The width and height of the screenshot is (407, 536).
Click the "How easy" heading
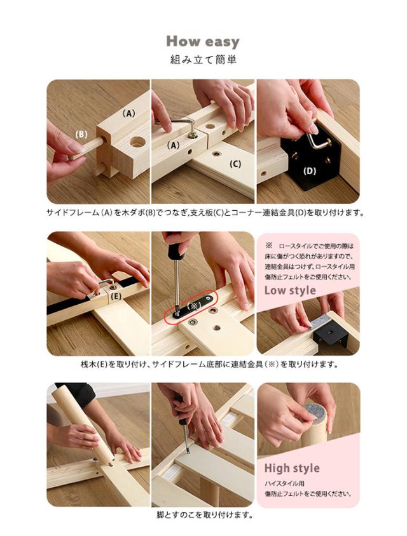click(x=203, y=41)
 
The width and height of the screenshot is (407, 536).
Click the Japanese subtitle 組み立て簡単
click(x=203, y=60)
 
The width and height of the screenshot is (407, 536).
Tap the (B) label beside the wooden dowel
click(x=81, y=135)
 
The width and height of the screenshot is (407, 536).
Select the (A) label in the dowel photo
click(x=128, y=114)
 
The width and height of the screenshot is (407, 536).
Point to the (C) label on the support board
click(x=235, y=164)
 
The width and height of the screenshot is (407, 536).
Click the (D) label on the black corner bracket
click(x=310, y=171)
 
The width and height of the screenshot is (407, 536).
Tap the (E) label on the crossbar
click(x=116, y=297)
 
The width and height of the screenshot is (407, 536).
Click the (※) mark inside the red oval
click(x=193, y=305)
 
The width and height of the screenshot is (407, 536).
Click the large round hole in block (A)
click(x=137, y=142)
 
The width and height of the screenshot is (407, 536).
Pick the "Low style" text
click(x=290, y=291)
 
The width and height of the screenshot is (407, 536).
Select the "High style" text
click(x=292, y=468)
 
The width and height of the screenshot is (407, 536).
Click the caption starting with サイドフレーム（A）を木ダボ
click(x=204, y=213)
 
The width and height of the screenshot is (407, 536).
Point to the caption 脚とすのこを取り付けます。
click(x=204, y=514)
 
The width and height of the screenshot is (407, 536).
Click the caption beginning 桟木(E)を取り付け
click(x=209, y=365)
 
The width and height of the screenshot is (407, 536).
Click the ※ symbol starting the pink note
click(x=269, y=245)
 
